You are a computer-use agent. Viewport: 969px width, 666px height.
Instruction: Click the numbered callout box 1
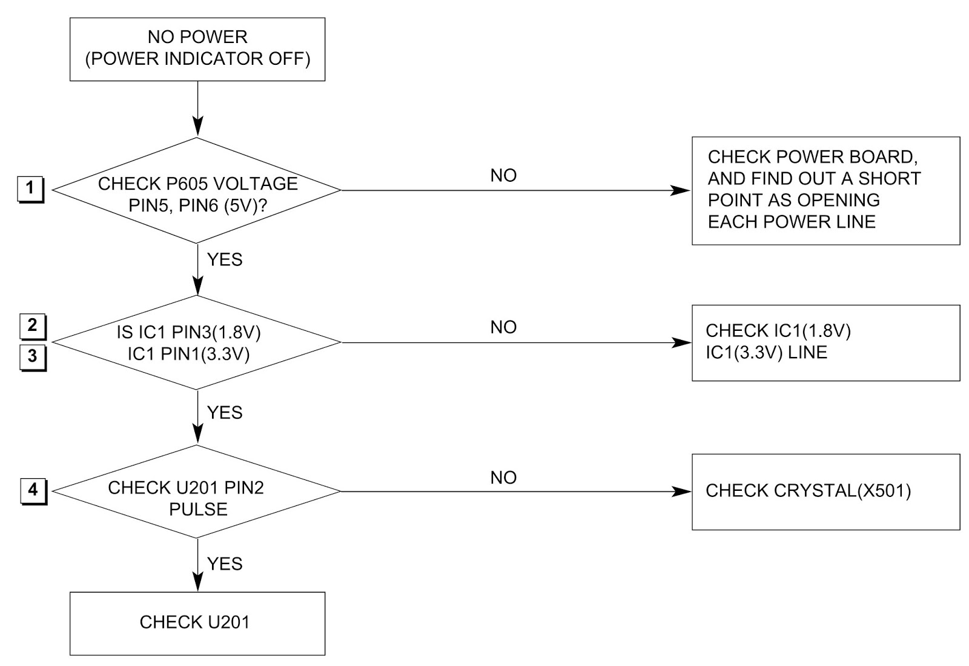[30, 189]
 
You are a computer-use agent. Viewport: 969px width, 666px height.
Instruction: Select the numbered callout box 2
[32, 327]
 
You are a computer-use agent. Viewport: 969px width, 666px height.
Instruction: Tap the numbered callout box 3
[32, 356]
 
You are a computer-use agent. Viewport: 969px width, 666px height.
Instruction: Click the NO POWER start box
[197, 49]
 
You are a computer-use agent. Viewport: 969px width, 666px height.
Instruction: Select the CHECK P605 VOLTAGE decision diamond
[197, 191]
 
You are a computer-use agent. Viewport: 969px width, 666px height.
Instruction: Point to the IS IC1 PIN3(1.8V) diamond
[197, 342]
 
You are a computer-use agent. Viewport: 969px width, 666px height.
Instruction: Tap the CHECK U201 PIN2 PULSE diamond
[197, 491]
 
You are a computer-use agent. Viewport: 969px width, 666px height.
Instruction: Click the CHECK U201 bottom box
[197, 623]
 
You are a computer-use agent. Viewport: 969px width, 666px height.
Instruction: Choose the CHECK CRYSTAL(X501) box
[825, 491]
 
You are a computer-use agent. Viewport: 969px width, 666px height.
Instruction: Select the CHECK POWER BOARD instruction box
[825, 190]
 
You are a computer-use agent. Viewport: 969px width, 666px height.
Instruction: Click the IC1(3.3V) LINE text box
[825, 342]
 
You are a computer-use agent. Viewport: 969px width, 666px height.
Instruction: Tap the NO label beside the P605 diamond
[503, 176]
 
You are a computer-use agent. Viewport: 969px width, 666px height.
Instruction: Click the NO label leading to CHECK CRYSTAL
[503, 478]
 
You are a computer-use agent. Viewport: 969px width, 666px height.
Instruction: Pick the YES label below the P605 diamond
[225, 259]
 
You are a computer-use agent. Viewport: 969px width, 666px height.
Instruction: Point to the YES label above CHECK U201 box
[225, 564]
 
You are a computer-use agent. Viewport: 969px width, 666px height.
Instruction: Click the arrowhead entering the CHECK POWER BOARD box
[683, 190]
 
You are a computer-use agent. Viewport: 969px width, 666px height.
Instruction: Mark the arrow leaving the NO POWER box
[197, 109]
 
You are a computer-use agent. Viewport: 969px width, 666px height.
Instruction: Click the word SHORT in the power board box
[889, 179]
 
